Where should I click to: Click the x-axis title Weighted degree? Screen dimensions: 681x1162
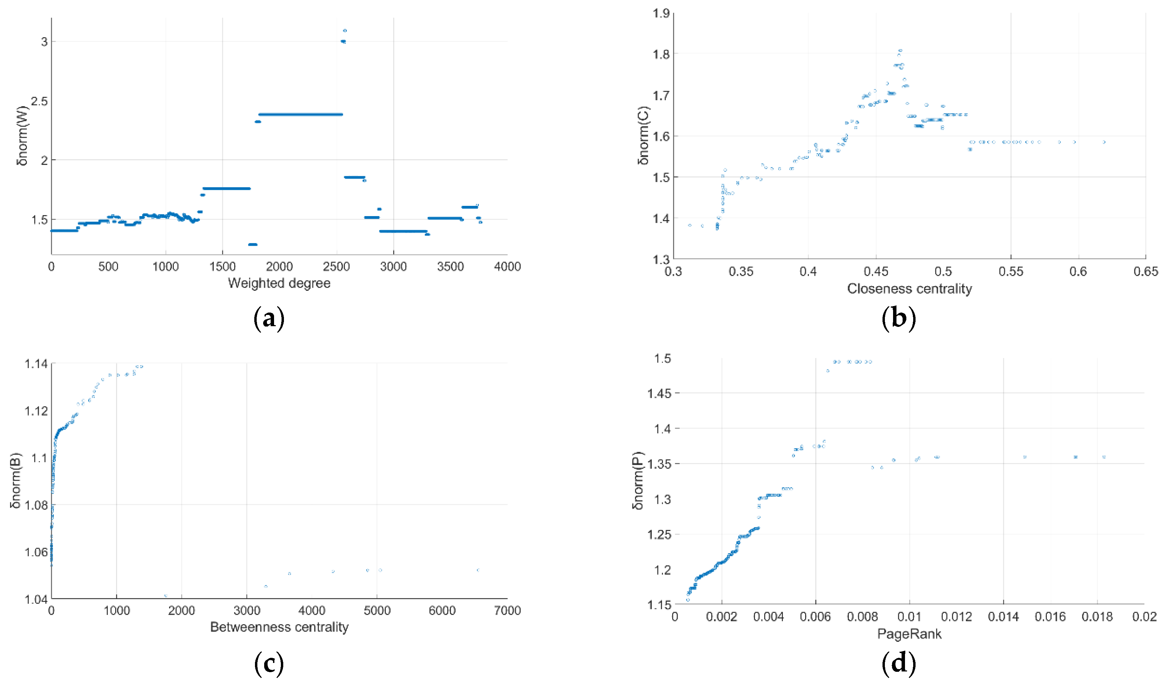(279, 283)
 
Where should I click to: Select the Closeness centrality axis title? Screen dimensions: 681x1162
(909, 289)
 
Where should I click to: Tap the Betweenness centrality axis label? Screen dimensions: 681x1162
(279, 627)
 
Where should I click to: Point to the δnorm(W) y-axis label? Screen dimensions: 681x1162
(22, 136)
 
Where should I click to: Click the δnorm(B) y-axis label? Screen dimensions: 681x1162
(16, 481)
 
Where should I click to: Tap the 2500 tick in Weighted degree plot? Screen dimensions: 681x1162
(336, 267)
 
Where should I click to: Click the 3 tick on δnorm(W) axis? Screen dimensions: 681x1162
(44, 42)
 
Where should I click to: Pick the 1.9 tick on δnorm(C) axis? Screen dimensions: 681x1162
(661, 13)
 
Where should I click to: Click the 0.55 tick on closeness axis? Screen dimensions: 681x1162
(1011, 272)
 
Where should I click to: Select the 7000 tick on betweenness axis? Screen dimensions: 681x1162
(507, 610)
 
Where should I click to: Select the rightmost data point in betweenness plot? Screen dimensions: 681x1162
(478, 570)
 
